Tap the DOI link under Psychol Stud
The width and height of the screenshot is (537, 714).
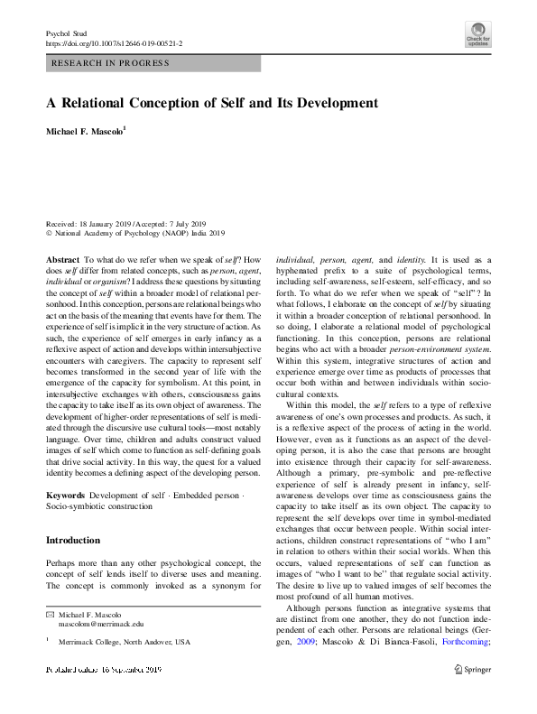113,42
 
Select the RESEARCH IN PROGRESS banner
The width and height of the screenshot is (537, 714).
153,63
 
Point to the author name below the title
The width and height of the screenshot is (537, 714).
87,132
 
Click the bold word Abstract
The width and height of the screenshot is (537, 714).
62,259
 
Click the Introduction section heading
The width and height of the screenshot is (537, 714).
73,541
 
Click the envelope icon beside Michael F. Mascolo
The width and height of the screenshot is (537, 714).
50,614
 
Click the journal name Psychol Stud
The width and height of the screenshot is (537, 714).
63,32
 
